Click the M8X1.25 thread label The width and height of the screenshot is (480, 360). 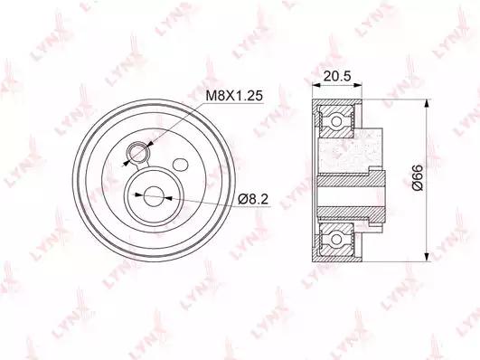[234, 96]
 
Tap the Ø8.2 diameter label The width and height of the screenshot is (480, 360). [253, 200]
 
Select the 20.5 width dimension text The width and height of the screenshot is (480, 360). [337, 76]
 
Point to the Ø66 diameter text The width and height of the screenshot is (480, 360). [418, 178]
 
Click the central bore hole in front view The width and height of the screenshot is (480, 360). [155, 196]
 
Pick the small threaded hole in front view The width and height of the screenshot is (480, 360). [138, 152]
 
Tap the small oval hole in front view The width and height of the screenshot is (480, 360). [180, 165]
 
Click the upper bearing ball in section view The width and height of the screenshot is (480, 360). [336, 121]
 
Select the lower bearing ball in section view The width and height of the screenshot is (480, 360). [336, 240]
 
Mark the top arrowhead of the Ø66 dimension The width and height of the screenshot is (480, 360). [426, 103]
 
